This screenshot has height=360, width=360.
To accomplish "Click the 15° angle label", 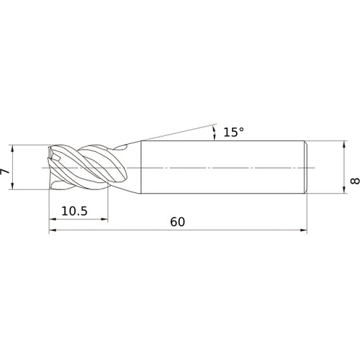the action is [233, 132].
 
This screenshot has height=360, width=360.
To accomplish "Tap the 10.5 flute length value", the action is [74, 211].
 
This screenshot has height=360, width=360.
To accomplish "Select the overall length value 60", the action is [177, 222].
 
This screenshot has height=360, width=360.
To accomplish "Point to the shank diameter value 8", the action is [355, 181].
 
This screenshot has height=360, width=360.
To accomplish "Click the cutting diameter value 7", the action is [4, 171].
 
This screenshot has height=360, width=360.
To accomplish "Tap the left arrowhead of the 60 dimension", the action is [53, 230].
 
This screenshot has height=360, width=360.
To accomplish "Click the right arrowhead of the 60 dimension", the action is [304, 230].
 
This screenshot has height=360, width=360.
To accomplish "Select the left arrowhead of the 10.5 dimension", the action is [53, 219].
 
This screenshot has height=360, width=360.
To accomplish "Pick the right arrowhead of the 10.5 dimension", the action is [104, 219].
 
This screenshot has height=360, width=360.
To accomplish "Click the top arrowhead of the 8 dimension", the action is [344, 145].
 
